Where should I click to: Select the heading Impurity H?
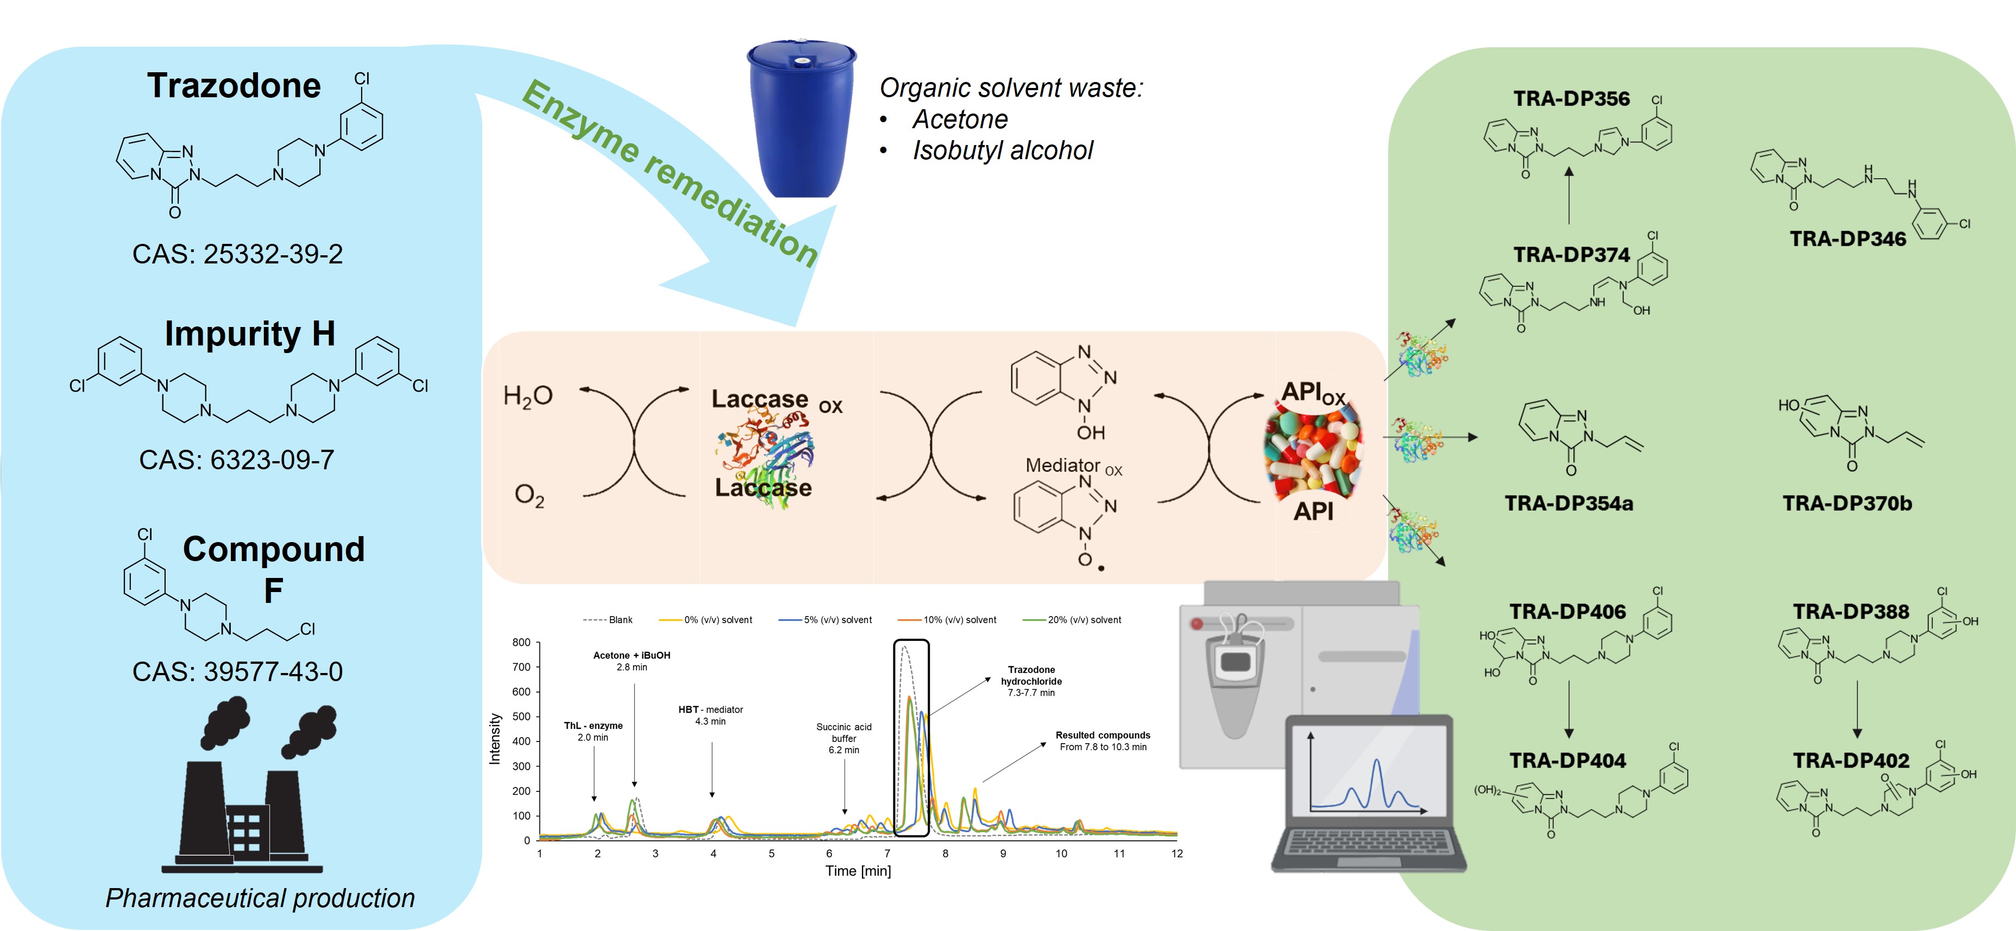[x=250, y=335]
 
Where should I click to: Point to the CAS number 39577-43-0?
[x=237, y=672]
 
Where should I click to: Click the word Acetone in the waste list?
[x=960, y=120]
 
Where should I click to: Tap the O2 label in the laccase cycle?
[x=529, y=495]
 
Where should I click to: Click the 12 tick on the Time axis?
[x=1177, y=853]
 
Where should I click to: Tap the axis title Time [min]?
[x=858, y=871]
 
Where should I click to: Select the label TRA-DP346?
[x=1848, y=240]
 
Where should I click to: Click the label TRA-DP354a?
[x=1568, y=504]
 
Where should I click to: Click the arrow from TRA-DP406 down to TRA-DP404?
[x=1568, y=709]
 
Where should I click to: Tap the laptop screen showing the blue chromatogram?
[x=1368, y=775]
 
